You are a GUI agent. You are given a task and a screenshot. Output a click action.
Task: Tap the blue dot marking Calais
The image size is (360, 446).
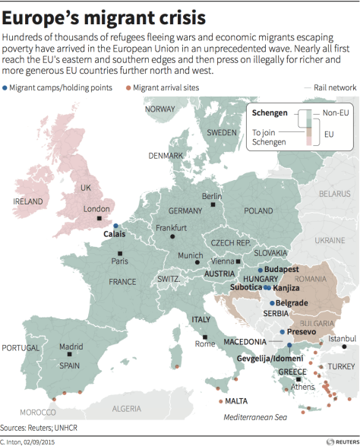(115, 226)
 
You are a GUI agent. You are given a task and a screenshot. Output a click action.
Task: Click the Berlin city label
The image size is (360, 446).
(212, 196)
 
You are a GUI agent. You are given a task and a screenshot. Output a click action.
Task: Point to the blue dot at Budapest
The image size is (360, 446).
(260, 270)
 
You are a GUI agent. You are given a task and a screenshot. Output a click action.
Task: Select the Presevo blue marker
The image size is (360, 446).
(282, 332)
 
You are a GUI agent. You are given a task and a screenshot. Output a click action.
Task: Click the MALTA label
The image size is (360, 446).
(237, 400)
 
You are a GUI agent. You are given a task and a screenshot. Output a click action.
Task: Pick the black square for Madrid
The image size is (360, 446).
(70, 355)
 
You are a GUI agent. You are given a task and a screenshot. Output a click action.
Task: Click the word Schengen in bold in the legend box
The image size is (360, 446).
(269, 113)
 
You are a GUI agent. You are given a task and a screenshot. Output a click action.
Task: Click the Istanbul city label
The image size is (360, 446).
(341, 338)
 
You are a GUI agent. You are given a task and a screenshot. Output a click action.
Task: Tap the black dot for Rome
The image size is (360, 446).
(205, 335)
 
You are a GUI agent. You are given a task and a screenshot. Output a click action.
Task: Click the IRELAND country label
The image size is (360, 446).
(28, 201)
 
